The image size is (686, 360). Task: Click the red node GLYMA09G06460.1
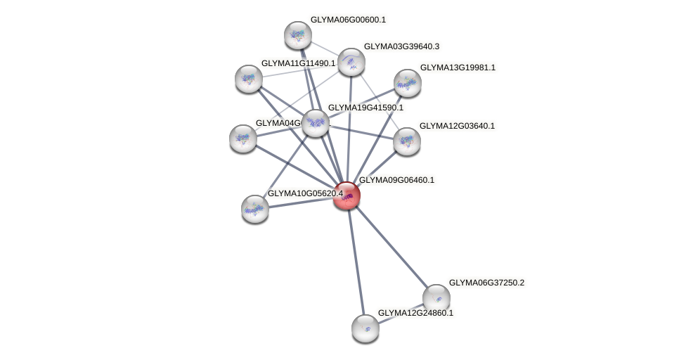347,195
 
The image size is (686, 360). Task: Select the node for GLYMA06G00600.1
298,35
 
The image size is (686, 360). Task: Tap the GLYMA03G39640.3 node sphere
351,62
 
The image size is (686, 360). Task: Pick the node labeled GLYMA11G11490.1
249,79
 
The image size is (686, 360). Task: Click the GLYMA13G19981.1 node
407,83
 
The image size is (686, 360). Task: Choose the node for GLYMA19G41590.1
316,123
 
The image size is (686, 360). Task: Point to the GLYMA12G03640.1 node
406,141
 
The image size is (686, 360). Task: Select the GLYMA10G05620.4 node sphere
255,208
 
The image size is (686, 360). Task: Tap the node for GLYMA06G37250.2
436,298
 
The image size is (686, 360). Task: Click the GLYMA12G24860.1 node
365,328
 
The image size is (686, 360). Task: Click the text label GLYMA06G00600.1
348,20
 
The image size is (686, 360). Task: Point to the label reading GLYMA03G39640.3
401,46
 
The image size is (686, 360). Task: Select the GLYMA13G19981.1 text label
458,67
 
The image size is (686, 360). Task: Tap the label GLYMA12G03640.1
457,126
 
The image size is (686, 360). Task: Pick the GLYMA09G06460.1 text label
396,180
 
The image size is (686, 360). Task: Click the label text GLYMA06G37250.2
486,283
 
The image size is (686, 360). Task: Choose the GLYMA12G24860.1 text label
415,313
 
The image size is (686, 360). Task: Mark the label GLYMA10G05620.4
305,193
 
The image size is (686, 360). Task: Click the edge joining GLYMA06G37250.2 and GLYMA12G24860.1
401,313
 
